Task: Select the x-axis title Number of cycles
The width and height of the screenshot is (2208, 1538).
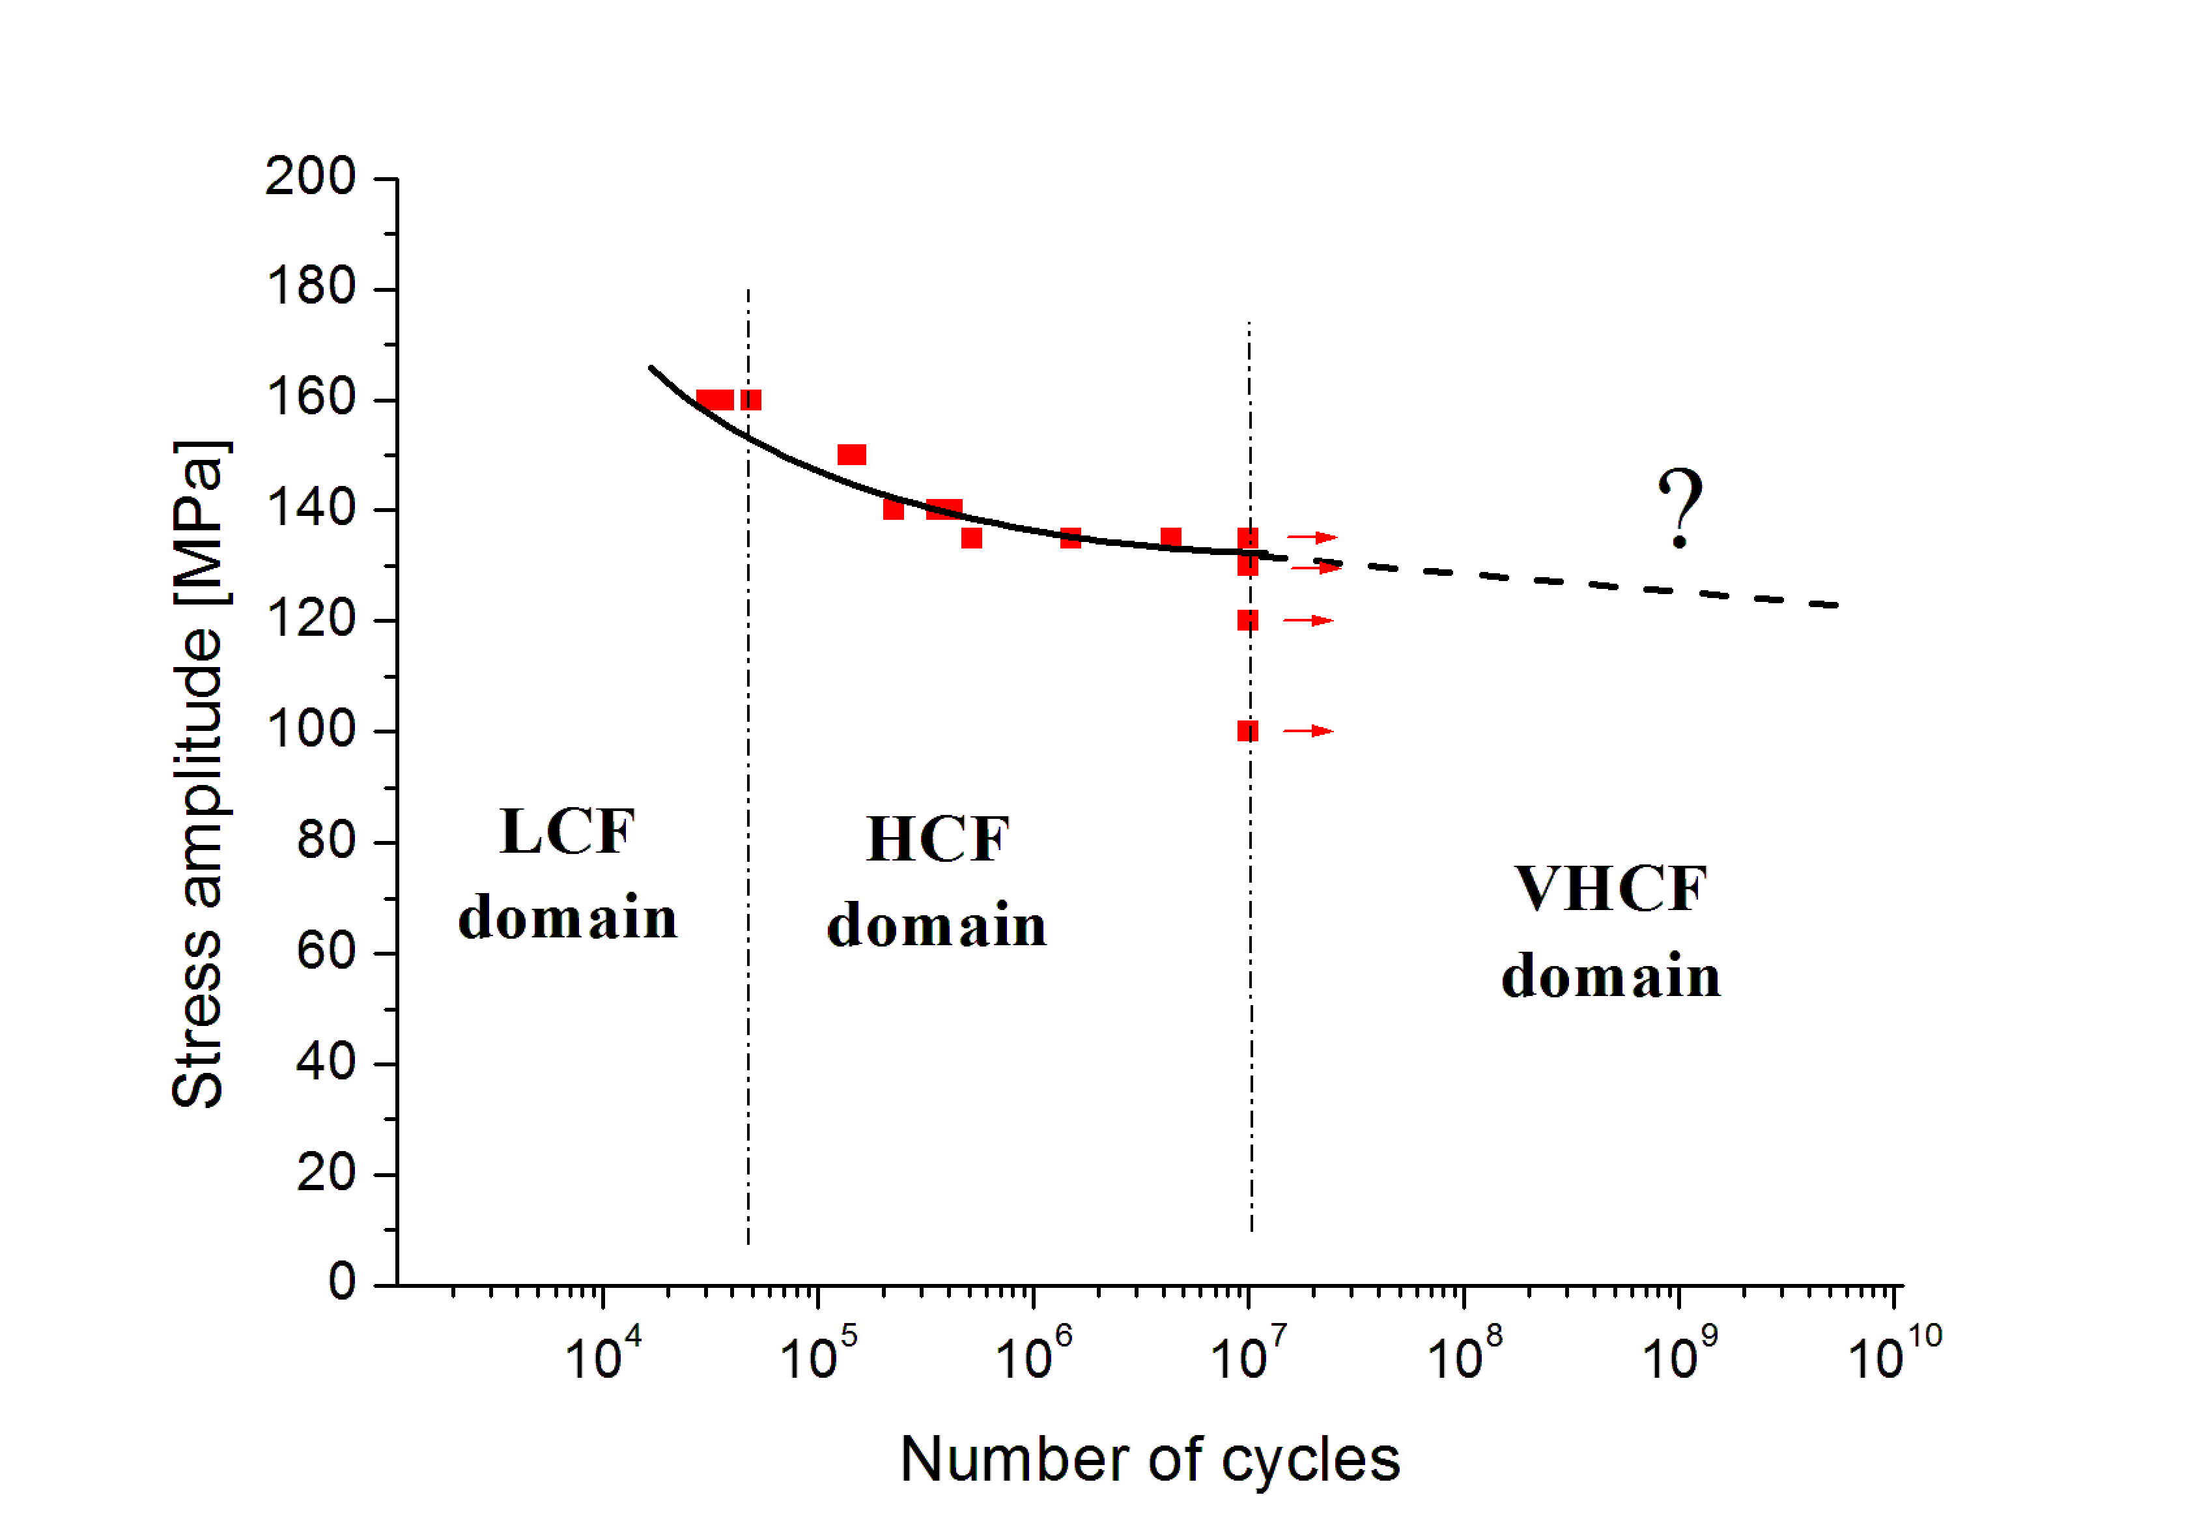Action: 1149,1460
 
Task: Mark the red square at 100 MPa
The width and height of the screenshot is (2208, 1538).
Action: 1247,731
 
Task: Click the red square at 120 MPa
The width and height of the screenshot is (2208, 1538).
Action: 1247,620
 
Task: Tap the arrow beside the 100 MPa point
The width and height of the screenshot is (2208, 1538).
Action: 1309,731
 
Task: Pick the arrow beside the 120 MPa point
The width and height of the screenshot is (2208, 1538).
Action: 1309,620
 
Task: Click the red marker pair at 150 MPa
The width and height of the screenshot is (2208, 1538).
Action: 852,455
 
